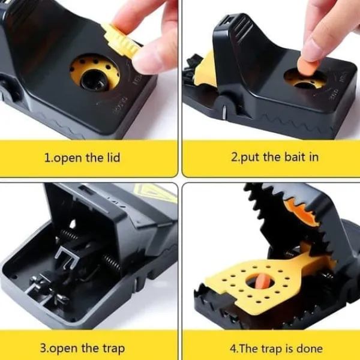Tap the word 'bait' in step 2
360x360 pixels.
click(295, 157)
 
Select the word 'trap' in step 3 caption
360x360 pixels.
click(113, 349)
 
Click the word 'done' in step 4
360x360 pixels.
click(310, 349)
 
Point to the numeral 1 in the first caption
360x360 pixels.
click(47, 158)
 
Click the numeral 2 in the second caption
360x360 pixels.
click(234, 157)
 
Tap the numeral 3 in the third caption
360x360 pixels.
click(43, 348)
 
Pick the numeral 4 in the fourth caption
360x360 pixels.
click(233, 349)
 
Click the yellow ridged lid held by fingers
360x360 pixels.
click(121, 40)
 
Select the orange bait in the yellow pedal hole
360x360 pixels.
click(261, 281)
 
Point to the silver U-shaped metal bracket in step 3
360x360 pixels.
click(67, 257)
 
